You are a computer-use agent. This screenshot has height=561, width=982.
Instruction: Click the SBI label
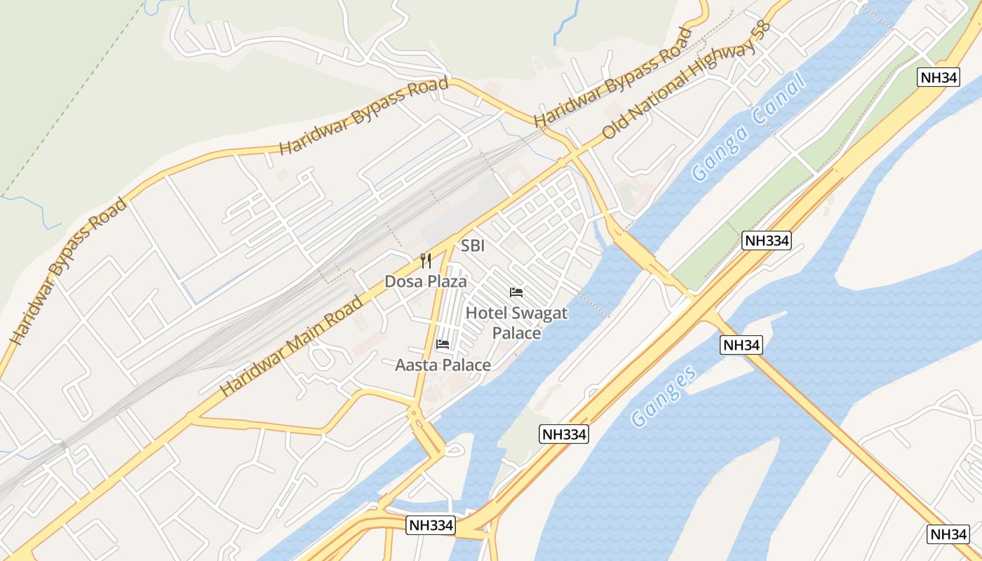click(473, 246)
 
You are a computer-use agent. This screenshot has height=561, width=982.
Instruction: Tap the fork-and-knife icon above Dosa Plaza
click(426, 262)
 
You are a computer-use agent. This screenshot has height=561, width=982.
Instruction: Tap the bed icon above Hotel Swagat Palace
click(517, 292)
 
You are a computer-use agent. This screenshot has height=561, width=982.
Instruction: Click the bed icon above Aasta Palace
click(443, 344)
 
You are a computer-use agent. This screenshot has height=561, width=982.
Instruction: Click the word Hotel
click(487, 313)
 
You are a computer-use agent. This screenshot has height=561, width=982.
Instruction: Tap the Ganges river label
click(664, 396)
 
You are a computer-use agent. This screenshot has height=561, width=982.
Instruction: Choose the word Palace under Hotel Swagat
click(517, 332)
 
